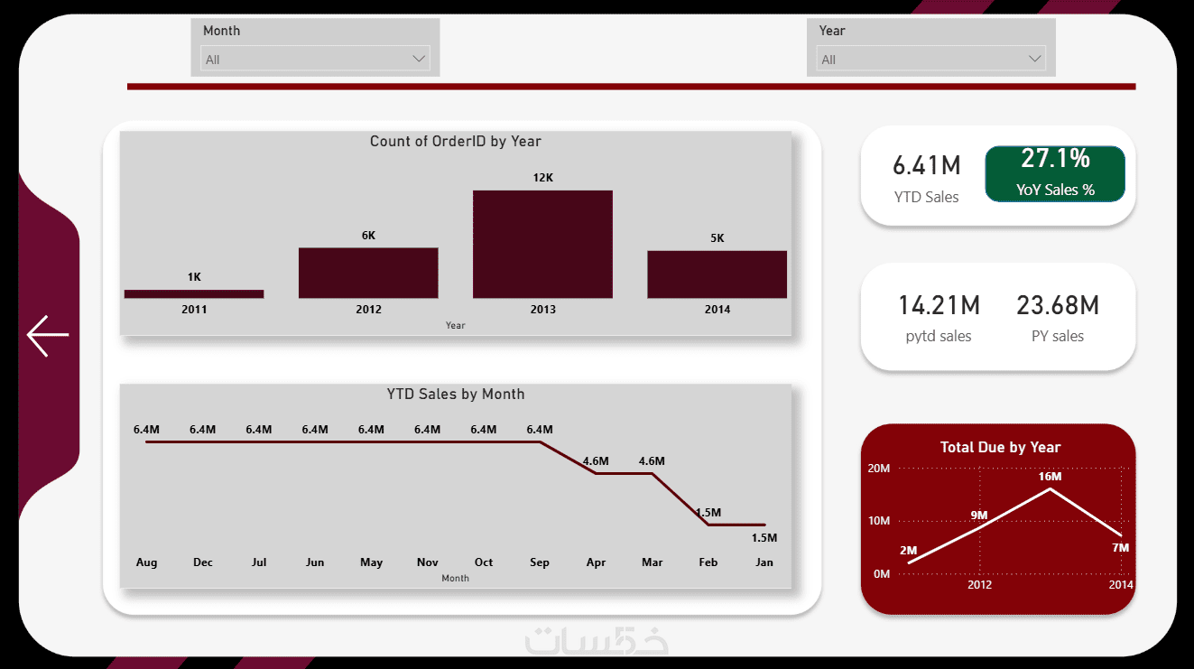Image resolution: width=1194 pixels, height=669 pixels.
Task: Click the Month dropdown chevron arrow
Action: pos(419,59)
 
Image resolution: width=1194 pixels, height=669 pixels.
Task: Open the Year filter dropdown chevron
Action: pos(1034,59)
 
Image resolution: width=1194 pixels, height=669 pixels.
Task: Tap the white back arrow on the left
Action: pos(48,335)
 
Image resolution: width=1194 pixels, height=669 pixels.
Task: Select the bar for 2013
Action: pos(542,244)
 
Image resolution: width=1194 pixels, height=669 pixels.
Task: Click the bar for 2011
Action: pos(194,293)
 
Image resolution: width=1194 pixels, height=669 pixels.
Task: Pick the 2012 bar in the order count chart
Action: pos(368,273)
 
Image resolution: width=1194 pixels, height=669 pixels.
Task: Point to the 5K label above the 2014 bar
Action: pos(717,237)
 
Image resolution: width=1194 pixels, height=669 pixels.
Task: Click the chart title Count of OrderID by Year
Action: pos(456,141)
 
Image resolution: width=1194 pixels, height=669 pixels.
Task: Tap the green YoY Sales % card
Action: pos(1055,173)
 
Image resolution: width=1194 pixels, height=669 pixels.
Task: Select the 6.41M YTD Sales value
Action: pos(927,165)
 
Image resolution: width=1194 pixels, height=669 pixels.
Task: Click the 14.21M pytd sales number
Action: pos(939,305)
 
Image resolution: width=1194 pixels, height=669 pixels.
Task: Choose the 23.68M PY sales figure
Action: pos(1058,305)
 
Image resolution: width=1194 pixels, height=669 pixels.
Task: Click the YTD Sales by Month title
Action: pos(456,394)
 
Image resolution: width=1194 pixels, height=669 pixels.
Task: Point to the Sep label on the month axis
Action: pos(540,562)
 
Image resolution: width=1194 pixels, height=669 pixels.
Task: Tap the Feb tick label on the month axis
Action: pos(708,562)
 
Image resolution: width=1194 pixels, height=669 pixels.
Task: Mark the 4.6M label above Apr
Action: pos(596,460)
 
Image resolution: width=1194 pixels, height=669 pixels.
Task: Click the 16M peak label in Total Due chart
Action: pos(1050,477)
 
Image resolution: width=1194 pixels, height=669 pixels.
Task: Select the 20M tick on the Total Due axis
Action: pos(879,469)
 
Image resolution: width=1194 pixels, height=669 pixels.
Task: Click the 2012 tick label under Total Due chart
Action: pos(980,585)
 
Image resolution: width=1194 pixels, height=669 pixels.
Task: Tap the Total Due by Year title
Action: pos(1001,447)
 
